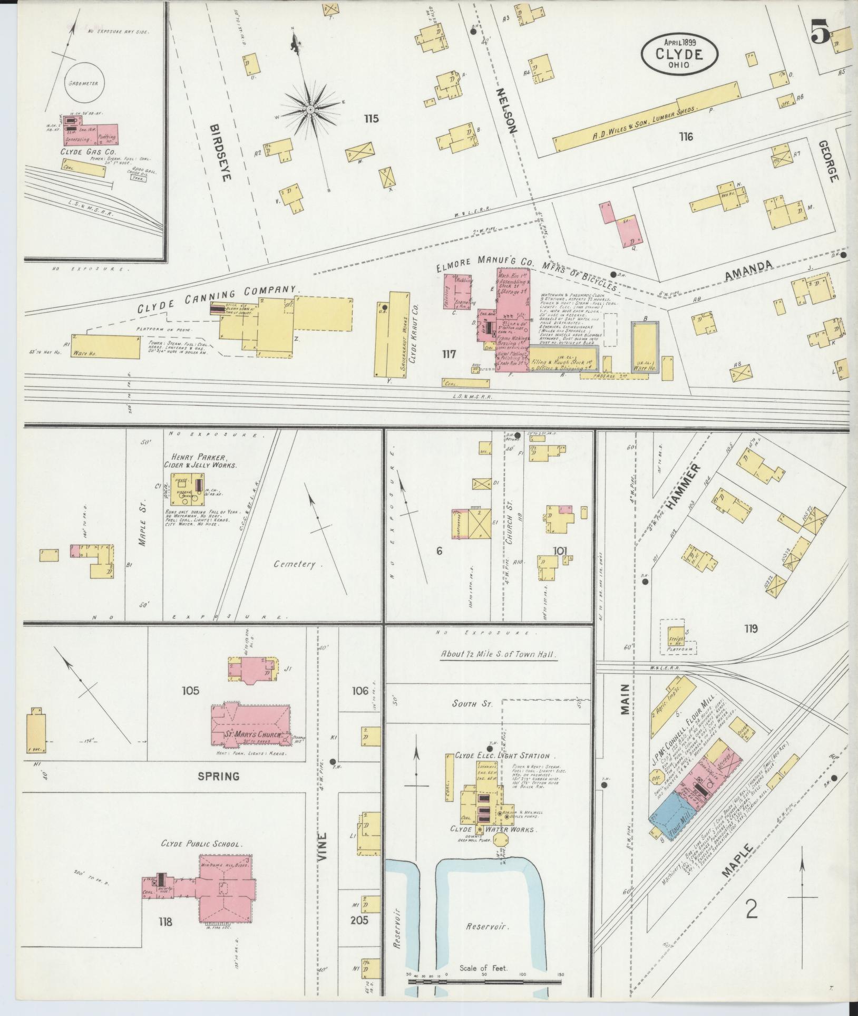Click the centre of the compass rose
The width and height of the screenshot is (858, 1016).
click(x=310, y=109)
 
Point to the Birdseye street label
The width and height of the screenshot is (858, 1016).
click(x=221, y=153)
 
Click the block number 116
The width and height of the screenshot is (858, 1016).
click(x=686, y=137)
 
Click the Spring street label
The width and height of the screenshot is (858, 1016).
click(x=219, y=776)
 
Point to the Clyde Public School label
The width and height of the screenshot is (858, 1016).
click(x=202, y=844)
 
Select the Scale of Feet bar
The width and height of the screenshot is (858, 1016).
click(x=485, y=983)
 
